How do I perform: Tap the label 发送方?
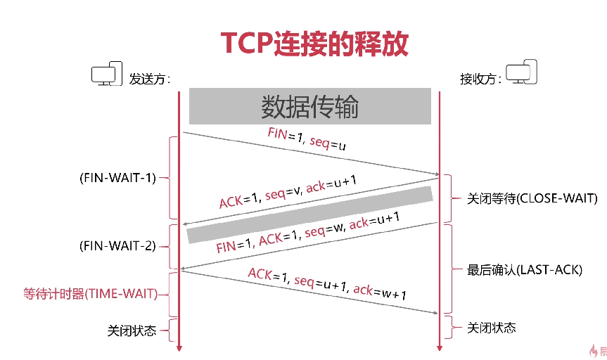pyautogui.click(x=150, y=78)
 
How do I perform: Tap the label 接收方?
pyautogui.click(x=480, y=78)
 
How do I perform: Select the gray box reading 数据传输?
pyautogui.click(x=309, y=107)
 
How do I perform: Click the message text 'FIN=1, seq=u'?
pyautogui.click(x=306, y=139)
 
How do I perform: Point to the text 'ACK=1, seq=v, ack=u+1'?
pyautogui.click(x=288, y=193)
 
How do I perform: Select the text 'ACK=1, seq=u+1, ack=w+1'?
pyautogui.click(x=327, y=283)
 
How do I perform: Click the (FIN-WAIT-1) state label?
pyautogui.click(x=117, y=178)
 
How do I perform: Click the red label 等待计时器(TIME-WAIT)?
pyautogui.click(x=86, y=294)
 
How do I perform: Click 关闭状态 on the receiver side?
pyautogui.click(x=492, y=328)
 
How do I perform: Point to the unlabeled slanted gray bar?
pyautogui.click(x=309, y=215)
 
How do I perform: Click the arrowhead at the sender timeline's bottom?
pyautogui.click(x=179, y=347)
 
